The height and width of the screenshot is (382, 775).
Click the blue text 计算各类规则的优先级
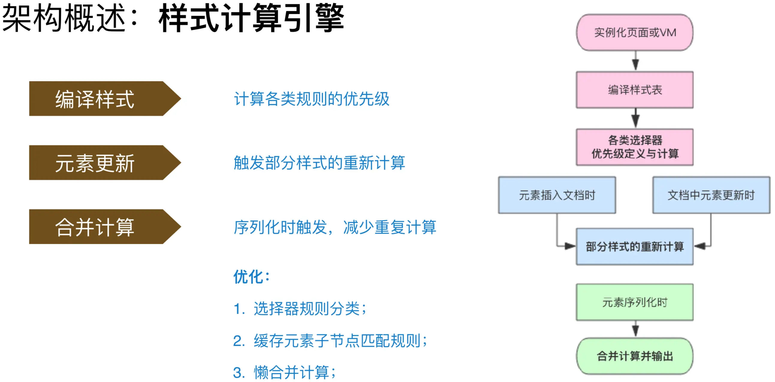[311, 99]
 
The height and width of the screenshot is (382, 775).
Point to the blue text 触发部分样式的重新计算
[319, 163]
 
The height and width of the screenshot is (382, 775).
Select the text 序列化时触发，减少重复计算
[335, 227]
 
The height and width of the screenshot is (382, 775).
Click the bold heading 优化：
[251, 276]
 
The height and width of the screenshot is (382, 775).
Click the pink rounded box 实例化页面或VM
[635, 32]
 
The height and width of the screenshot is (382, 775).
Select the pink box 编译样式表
[635, 90]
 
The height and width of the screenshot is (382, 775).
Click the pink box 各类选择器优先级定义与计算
[635, 147]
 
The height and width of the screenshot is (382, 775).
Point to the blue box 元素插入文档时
[557, 195]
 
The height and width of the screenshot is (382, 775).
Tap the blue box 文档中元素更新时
[711, 195]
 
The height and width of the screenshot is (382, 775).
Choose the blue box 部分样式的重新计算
[635, 246]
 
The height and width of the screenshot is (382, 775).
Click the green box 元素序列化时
[635, 302]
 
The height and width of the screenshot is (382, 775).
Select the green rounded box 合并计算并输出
[635, 356]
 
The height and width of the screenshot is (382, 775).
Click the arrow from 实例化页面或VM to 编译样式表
[635, 61]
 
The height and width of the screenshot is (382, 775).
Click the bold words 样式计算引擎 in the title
[251, 18]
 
